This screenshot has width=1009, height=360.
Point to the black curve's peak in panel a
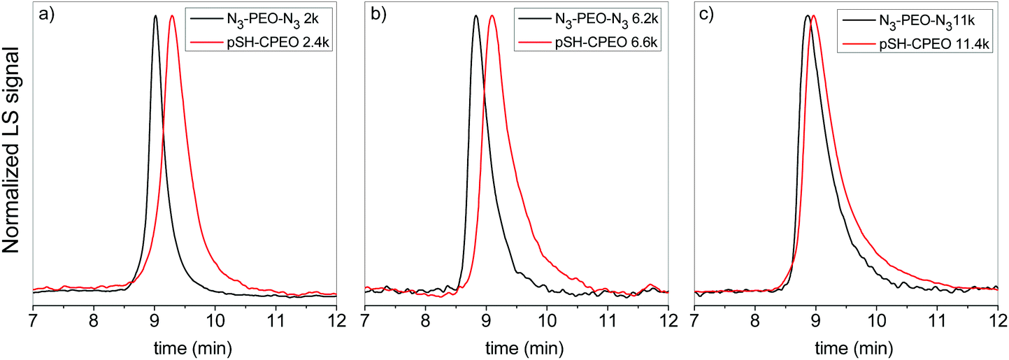(155, 15)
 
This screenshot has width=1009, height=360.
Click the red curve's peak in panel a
(172, 15)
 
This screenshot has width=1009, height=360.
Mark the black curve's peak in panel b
(476, 15)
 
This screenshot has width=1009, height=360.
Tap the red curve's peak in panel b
(492, 15)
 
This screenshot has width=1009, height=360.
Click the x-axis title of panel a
(185, 347)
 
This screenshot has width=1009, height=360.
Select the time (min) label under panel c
(845, 347)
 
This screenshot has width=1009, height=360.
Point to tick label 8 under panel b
(425, 322)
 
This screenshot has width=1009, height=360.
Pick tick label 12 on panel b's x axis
(668, 322)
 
